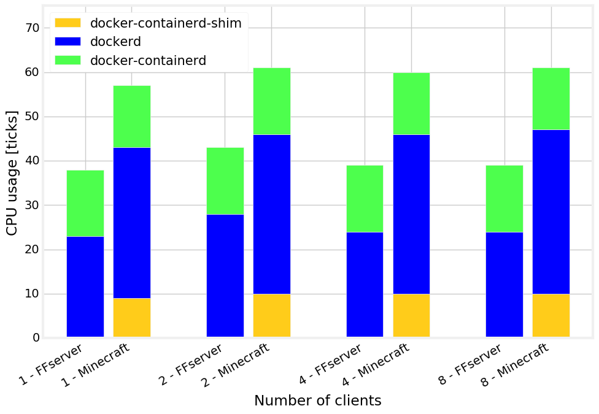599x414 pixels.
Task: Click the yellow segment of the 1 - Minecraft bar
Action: pyautogui.click(x=132, y=317)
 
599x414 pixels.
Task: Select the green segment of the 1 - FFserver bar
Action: pyautogui.click(x=85, y=203)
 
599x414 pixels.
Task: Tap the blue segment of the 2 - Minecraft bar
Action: pyautogui.click(x=272, y=214)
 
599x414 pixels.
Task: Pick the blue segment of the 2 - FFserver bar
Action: pyautogui.click(x=225, y=275)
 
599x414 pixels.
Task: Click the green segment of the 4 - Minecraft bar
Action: pyautogui.click(x=411, y=104)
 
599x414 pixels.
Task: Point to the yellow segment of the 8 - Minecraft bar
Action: pyautogui.click(x=551, y=315)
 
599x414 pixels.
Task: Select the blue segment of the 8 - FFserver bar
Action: pyautogui.click(x=504, y=285)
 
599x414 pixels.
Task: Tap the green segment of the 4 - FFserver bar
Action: pyautogui.click(x=365, y=199)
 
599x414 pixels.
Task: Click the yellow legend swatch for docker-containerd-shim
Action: pyautogui.click(x=68, y=23)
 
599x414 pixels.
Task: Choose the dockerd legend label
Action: pyautogui.click(x=115, y=42)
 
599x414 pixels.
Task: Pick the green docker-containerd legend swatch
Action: pyautogui.click(x=68, y=60)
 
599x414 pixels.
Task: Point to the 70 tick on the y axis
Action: pyautogui.click(x=33, y=28)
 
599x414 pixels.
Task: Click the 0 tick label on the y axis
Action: pyautogui.click(x=36, y=338)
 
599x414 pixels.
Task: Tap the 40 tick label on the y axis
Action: pyautogui.click(x=33, y=161)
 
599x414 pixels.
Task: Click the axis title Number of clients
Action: pyautogui.click(x=317, y=401)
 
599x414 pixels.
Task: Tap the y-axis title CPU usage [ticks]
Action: pyautogui.click(x=12, y=172)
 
